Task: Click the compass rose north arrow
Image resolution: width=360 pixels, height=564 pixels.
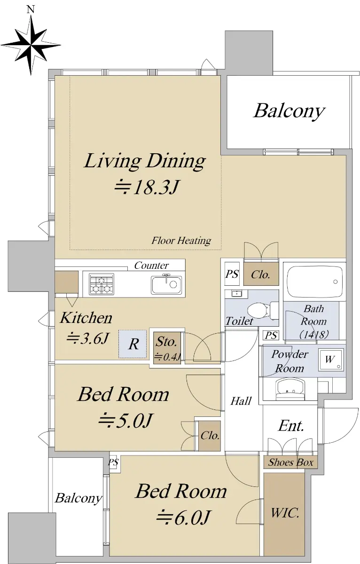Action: point(31,45)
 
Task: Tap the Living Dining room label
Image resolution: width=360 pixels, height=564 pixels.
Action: point(144,161)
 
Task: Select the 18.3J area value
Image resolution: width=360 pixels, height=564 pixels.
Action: point(147,188)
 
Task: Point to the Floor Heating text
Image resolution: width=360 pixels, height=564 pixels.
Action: point(181,241)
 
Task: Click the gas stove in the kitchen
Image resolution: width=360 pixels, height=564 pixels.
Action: point(102,284)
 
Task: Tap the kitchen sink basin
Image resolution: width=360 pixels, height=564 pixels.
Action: point(166,284)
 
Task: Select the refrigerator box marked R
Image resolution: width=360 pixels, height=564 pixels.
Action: point(133,344)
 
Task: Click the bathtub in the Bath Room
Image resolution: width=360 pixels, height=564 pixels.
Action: point(314,282)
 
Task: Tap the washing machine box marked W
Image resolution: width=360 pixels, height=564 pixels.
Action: point(331,360)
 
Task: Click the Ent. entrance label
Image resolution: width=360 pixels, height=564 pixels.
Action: point(291,425)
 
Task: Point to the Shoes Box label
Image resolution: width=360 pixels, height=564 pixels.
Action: point(290,462)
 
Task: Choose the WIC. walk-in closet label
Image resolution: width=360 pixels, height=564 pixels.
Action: point(285,513)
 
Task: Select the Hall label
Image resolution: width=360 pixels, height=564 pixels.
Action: point(241,401)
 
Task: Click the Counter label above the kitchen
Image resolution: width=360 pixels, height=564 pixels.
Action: point(151,266)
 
